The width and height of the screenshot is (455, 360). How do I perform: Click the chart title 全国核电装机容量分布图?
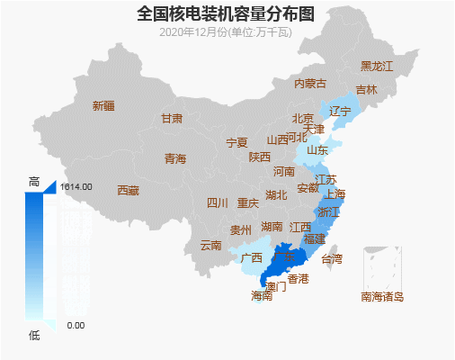[x=226, y=13]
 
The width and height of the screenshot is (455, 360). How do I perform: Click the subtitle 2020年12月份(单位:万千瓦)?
[x=226, y=32]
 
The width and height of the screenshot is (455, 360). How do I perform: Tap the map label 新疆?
[x=103, y=106]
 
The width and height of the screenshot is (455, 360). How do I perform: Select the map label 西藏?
[x=128, y=191]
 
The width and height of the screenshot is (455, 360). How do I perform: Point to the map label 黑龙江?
[x=377, y=67]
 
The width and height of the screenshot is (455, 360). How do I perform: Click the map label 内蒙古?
[x=310, y=84]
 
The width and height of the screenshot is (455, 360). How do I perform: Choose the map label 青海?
[x=174, y=159]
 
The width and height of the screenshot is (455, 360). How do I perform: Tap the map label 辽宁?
[x=340, y=112]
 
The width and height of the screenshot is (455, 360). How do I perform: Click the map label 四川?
[x=218, y=203]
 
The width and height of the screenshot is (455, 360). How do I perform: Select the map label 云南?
[x=210, y=245]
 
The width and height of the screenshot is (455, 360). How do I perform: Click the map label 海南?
[x=262, y=295]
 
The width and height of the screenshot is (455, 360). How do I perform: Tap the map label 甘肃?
[x=172, y=119]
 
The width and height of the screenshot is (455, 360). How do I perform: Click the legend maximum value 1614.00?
[x=76, y=187]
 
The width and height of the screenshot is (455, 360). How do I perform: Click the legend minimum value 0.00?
[x=76, y=325]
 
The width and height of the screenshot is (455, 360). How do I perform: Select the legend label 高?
[x=34, y=182]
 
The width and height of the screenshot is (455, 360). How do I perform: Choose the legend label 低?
[x=34, y=336]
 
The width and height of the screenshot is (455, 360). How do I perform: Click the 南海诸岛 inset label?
[x=382, y=296]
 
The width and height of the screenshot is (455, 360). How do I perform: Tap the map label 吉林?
[x=366, y=90]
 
